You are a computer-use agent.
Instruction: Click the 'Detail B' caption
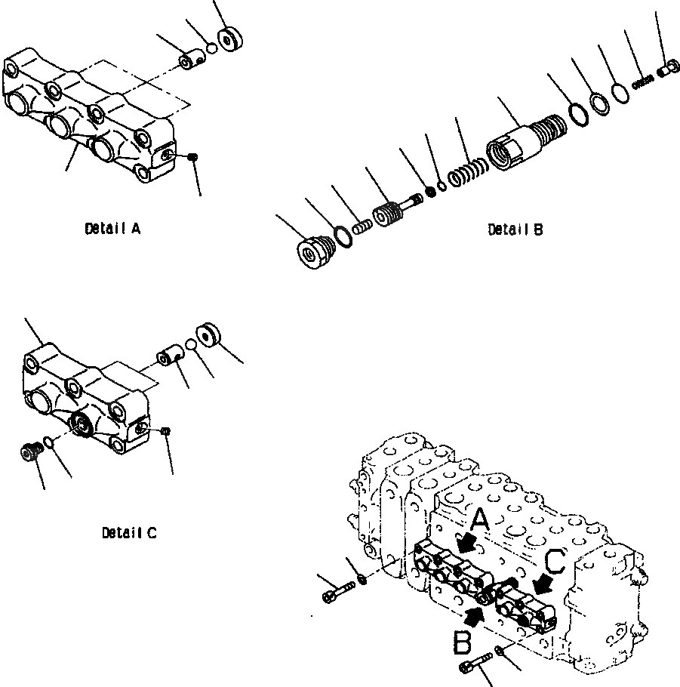coord(515,230)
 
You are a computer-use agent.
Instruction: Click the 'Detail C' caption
coord(129,533)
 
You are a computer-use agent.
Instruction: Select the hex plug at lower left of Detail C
coord(29,451)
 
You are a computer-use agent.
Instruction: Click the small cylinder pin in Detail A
coord(188,60)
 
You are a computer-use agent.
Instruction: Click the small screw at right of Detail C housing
coord(168,430)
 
